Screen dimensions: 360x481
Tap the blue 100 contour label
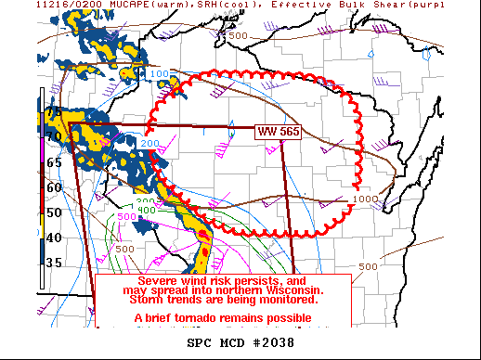160,73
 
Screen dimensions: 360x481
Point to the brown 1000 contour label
365,199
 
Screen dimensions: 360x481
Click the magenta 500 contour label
126,216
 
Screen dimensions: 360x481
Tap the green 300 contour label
145,200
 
